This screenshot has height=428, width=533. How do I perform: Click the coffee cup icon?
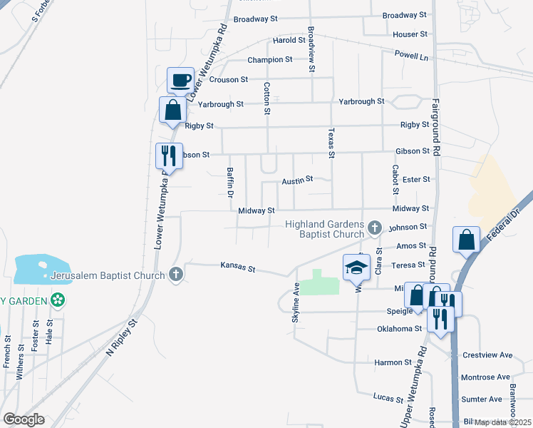coord(181,80)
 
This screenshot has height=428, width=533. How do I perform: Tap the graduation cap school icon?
coord(356,267)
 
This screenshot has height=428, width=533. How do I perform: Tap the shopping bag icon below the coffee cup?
coord(172,111)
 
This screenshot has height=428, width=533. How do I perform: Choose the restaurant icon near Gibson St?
coord(169,155)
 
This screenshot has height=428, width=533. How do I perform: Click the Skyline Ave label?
coord(296,303)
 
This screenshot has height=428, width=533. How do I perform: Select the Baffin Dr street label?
coord(230,182)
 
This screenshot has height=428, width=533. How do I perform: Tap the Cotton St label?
coord(267,98)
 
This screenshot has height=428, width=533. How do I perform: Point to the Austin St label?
coord(297,181)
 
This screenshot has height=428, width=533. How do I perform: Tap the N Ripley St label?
coord(120,337)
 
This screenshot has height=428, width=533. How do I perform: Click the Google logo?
coord(24,419)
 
